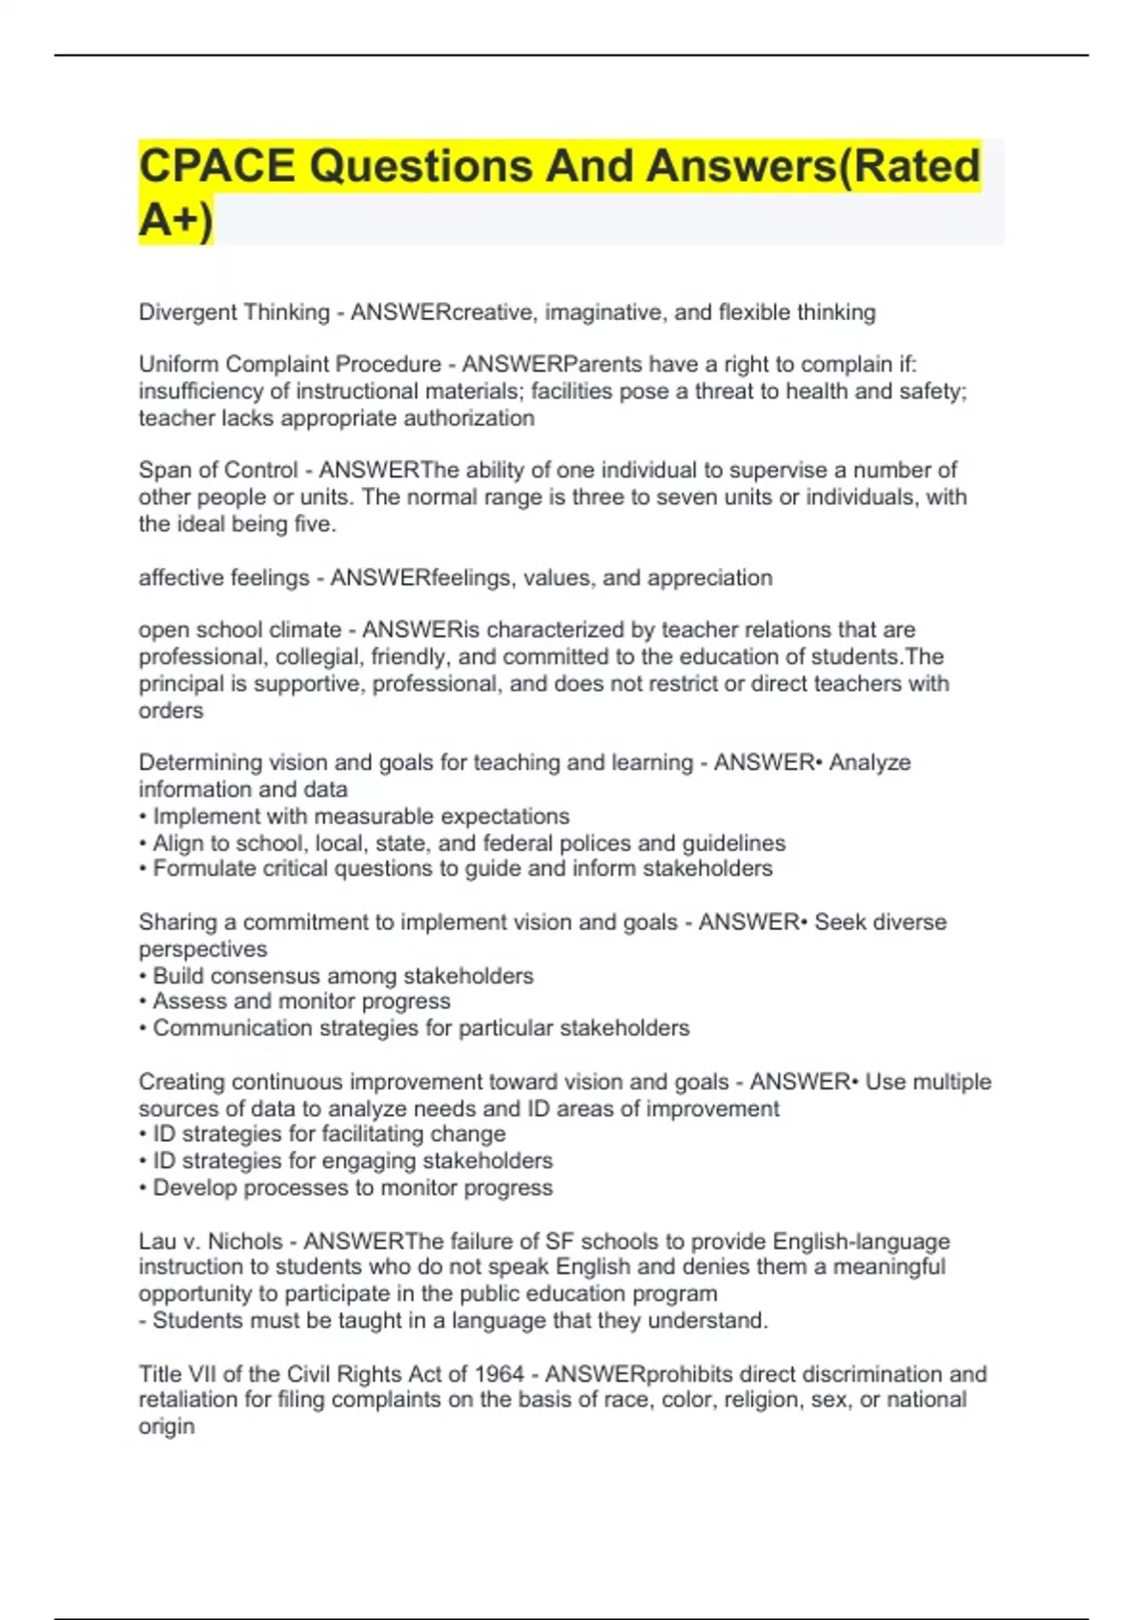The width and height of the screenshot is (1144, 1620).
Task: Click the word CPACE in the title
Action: click(216, 166)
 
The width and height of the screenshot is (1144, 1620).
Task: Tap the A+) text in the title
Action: click(176, 220)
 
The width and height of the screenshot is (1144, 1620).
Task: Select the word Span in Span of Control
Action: click(164, 470)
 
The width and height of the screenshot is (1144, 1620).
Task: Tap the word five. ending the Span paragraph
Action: click(316, 524)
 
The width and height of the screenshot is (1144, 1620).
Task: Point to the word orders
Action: click(171, 711)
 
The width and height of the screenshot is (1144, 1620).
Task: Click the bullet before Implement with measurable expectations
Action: click(143, 818)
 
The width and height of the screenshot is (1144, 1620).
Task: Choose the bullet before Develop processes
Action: click(143, 1188)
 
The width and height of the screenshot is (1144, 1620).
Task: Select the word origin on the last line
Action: click(166, 1427)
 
